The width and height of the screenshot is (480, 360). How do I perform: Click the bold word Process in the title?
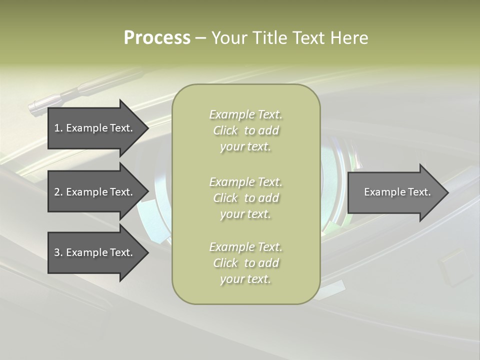[x=157, y=38]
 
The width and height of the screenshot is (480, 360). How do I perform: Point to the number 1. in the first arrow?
[x=58, y=128]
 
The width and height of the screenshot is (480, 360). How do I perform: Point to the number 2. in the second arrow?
[x=58, y=192]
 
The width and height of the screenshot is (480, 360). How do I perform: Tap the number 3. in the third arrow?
[x=58, y=252]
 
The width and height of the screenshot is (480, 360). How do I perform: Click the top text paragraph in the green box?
[x=245, y=130]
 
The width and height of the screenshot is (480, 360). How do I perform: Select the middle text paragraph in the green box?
[x=245, y=198]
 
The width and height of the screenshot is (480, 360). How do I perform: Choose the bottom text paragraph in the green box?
[x=245, y=263]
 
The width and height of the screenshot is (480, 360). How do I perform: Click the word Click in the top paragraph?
[x=225, y=131]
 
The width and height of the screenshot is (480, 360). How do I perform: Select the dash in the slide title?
[x=200, y=38]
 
